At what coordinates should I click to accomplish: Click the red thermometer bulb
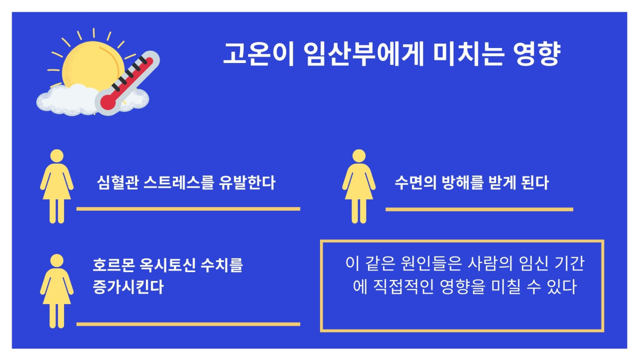point(108,100)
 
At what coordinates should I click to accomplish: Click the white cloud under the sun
point(64,101)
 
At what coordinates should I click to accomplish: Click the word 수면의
point(414,183)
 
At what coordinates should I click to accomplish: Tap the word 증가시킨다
point(128,287)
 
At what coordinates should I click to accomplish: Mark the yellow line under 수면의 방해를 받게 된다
point(479,209)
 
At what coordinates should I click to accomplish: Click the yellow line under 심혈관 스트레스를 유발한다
point(188,209)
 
